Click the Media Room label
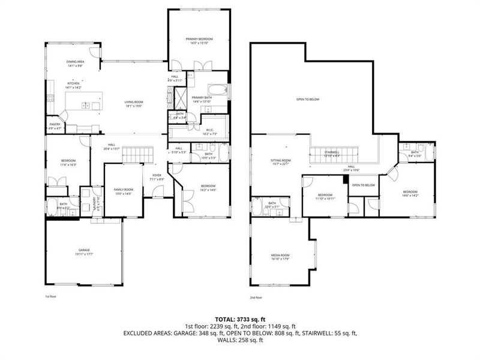coord(280,257)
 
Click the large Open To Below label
coord(307,100)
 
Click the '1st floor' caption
coord(52,296)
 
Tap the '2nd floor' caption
coord(257,296)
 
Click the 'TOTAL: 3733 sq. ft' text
coord(240,319)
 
